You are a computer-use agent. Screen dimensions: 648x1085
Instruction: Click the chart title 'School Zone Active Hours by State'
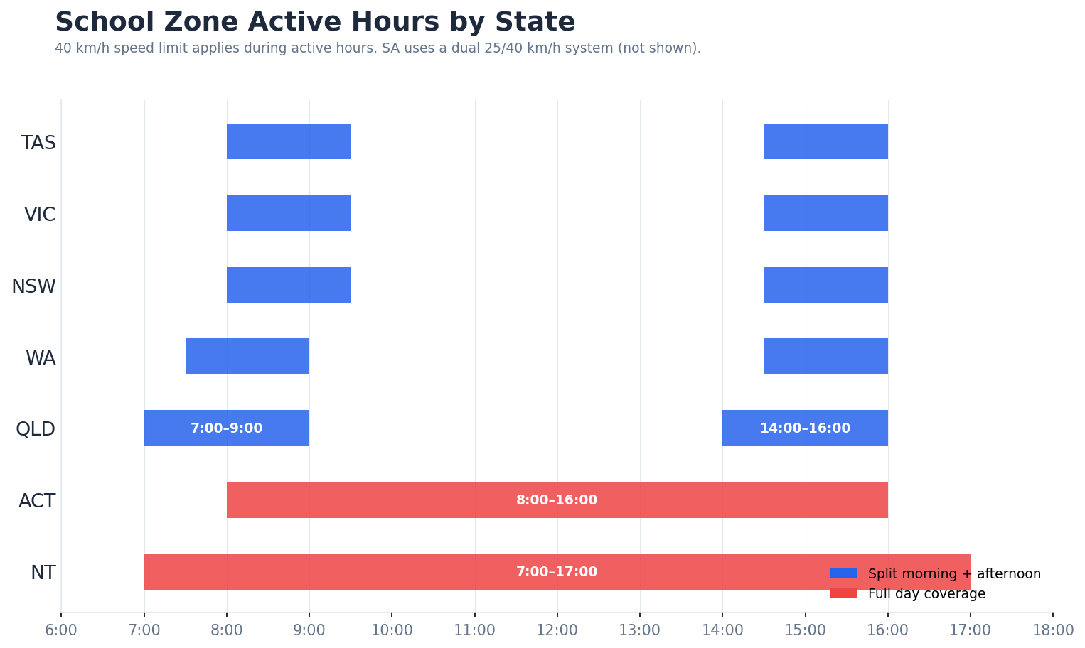pos(314,22)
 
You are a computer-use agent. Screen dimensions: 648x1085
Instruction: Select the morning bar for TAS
pos(288,141)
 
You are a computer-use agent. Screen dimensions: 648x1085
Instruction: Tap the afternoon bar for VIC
pos(825,213)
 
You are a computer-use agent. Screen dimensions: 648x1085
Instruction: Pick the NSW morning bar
pos(288,285)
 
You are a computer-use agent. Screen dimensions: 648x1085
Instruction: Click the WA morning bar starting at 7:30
pos(247,357)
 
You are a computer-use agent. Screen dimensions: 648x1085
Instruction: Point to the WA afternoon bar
pos(825,357)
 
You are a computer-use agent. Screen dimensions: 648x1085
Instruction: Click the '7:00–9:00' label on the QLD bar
pos(226,428)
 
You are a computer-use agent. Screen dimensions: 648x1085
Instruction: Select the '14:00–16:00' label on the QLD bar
pos(805,428)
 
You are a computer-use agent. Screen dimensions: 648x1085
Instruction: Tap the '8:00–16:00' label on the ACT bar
pos(557,500)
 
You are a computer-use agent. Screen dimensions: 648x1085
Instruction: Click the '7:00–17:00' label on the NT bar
pos(557,572)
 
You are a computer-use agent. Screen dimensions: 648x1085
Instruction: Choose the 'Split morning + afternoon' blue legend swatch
pos(843,573)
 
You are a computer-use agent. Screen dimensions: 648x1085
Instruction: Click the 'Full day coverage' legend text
pos(926,594)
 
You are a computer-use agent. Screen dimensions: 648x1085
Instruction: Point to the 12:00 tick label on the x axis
pos(557,630)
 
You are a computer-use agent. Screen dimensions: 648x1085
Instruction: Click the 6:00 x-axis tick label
pos(61,630)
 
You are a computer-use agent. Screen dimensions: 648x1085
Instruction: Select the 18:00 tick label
pos(1052,630)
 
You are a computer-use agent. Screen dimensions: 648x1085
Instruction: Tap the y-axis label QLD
pos(36,429)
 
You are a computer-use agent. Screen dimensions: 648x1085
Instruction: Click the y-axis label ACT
pos(37,501)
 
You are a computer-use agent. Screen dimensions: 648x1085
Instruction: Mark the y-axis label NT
pos(43,573)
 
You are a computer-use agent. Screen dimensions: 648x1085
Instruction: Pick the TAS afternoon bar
pos(825,141)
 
